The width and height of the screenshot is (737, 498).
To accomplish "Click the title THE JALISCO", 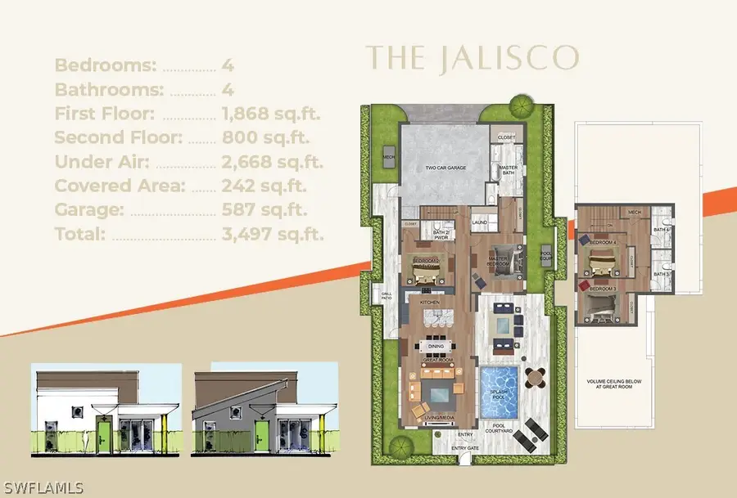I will click(x=472, y=58).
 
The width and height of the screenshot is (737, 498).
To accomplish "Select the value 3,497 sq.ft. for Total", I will click(x=274, y=235).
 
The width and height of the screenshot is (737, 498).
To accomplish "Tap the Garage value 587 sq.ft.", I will click(x=265, y=210).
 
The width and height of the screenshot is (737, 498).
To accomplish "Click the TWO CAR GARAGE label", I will click(x=445, y=168).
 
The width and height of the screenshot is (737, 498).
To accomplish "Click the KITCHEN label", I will click(x=431, y=303).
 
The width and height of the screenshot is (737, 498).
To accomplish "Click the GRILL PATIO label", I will click(x=386, y=297).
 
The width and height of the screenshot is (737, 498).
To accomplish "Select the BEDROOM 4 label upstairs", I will click(x=604, y=243).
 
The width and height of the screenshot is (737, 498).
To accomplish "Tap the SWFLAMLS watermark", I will click(x=43, y=488).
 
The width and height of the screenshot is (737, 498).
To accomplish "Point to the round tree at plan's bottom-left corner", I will click(x=399, y=446).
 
